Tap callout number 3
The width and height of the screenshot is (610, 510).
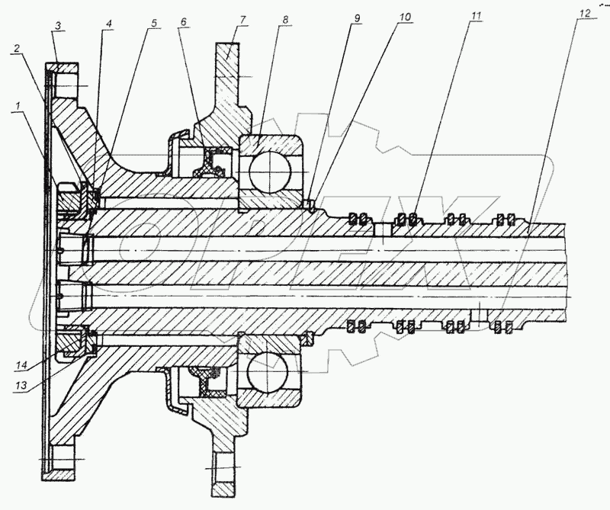[x=58, y=25]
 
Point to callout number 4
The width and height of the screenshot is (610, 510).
[x=109, y=24]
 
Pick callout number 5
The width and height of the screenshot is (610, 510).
[x=154, y=24]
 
